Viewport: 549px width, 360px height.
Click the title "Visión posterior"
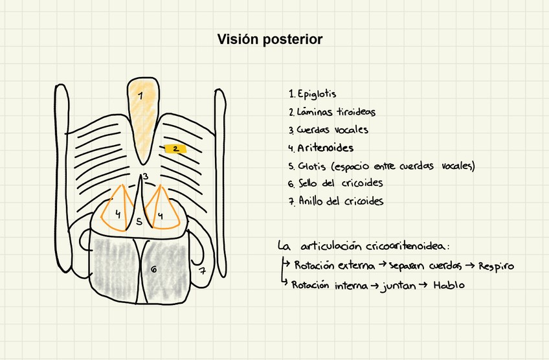tap(269, 40)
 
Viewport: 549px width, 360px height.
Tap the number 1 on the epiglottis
tap(140, 96)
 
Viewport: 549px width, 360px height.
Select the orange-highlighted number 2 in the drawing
tap(175, 149)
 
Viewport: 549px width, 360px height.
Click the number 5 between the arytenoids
tap(139, 222)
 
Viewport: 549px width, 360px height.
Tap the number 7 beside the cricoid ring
tap(202, 271)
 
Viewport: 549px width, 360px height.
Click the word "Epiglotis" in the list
tap(317, 95)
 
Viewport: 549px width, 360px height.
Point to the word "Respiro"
tap(496, 266)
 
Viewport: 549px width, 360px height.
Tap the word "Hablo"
tap(449, 286)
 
